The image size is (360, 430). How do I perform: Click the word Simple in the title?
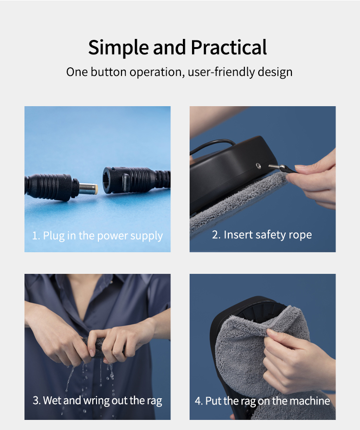pyautogui.click(x=119, y=48)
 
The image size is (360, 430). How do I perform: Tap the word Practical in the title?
pyautogui.click(x=229, y=47)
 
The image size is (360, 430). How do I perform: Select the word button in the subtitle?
pyautogui.click(x=108, y=72)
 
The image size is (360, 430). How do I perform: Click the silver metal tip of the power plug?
pyautogui.click(x=88, y=189)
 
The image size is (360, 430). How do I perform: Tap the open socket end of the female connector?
pyautogui.click(x=109, y=181)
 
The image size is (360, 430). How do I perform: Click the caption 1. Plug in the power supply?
pyautogui.click(x=97, y=236)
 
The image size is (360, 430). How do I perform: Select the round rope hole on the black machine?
pyautogui.click(x=258, y=165)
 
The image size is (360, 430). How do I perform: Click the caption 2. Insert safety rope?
pyautogui.click(x=262, y=235)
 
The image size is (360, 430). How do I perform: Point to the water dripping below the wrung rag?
pyautogui.click(x=90, y=379)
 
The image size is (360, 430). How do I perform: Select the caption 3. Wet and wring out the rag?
pyautogui.click(x=97, y=401)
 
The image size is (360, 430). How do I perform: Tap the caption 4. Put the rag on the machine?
pyautogui.click(x=263, y=401)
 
